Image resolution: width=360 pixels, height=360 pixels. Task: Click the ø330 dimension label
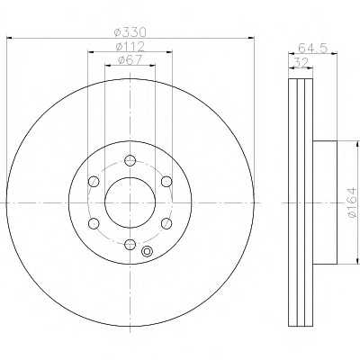130,32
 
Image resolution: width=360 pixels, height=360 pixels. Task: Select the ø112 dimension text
130,47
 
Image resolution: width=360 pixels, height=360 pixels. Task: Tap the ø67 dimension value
130,59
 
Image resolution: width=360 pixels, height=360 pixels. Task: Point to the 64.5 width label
313,48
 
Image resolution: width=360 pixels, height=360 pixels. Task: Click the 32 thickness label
301,63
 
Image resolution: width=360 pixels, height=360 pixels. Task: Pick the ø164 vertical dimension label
352,202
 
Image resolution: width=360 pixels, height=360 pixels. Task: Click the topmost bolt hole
130,160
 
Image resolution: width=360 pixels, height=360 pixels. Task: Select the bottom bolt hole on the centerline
130,245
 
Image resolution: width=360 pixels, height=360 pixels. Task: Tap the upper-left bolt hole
94,182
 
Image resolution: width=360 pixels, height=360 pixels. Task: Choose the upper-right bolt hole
166,182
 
